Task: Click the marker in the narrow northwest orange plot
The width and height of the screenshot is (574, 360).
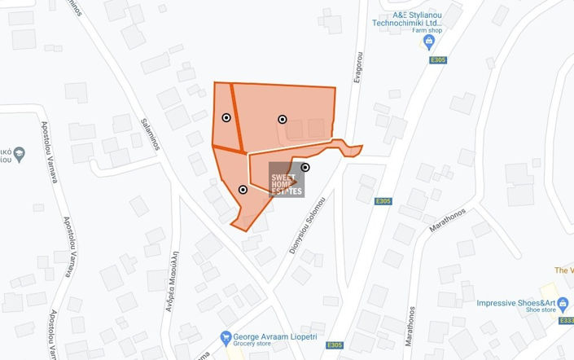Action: click(226, 118)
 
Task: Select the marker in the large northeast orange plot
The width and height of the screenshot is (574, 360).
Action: click(283, 119)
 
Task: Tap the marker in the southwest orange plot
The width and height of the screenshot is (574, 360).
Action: click(243, 190)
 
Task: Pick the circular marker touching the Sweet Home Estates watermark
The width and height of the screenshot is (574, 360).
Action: click(305, 168)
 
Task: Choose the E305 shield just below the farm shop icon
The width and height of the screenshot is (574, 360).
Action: click(438, 60)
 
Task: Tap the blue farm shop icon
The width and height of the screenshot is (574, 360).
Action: click(430, 41)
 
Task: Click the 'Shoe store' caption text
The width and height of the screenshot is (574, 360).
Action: click(541, 310)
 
